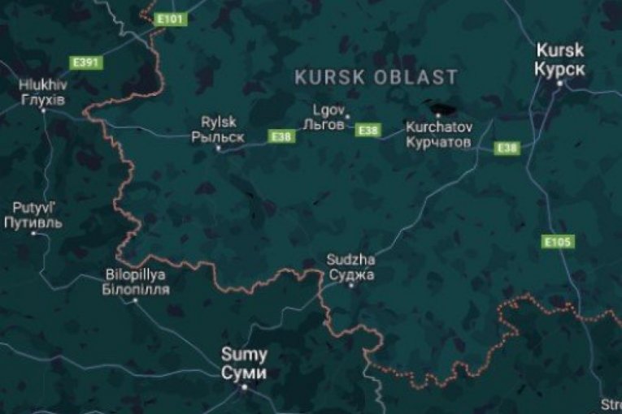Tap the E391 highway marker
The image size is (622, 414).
(85, 62)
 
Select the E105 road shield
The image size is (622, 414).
(559, 241)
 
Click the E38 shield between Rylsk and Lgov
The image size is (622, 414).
(281, 136)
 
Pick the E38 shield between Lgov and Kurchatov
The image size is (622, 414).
(368, 130)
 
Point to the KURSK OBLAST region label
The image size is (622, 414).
(376, 77)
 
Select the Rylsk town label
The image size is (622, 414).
(218, 129)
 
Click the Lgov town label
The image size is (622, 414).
(329, 115)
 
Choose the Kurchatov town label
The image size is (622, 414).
(437, 134)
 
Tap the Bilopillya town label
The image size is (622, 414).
(137, 282)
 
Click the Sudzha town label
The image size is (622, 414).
(351, 267)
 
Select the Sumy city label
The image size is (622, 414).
(244, 364)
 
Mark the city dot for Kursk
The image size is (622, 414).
(559, 82)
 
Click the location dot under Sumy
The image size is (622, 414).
(243, 387)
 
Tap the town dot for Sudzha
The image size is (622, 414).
(351, 285)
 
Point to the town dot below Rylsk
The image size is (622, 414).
(217, 149)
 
